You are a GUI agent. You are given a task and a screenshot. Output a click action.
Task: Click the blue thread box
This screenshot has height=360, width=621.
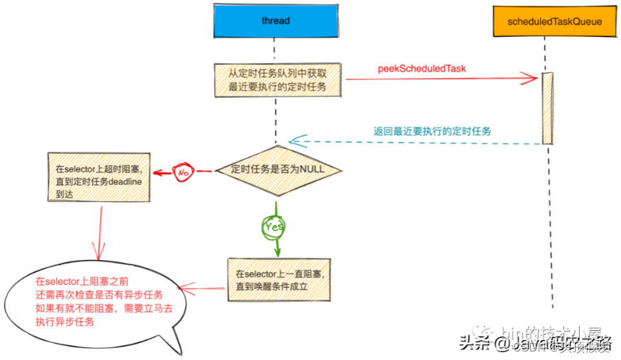pyautogui.click(x=275, y=21)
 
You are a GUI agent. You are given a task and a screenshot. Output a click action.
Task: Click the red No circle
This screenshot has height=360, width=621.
pyautogui.click(x=184, y=171)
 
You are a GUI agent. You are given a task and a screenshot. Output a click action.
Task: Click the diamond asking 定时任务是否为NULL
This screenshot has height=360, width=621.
pyautogui.click(x=277, y=171)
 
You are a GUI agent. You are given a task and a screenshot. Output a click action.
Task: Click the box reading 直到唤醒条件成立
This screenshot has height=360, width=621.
pyautogui.click(x=278, y=281)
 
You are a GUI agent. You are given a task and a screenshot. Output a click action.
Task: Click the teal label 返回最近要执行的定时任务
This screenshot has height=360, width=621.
pyautogui.click(x=432, y=131)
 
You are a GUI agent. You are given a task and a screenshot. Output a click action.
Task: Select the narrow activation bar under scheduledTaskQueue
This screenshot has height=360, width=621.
pyautogui.click(x=547, y=107)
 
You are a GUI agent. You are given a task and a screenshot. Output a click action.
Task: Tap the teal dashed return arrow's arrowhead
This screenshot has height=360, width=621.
pyautogui.click(x=293, y=140)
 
